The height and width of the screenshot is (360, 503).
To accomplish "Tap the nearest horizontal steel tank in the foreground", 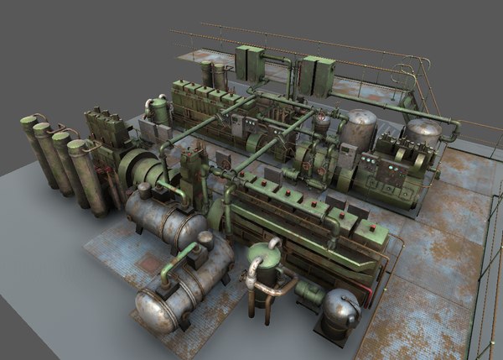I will coord(180,290).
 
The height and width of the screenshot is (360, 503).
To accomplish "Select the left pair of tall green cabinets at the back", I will coord(250,64).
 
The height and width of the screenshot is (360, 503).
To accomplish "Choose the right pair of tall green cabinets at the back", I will coord(318,75).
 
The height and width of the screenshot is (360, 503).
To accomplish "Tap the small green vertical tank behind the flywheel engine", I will coord(158,109).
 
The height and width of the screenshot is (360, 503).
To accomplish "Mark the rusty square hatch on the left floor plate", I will coord(150,263).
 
